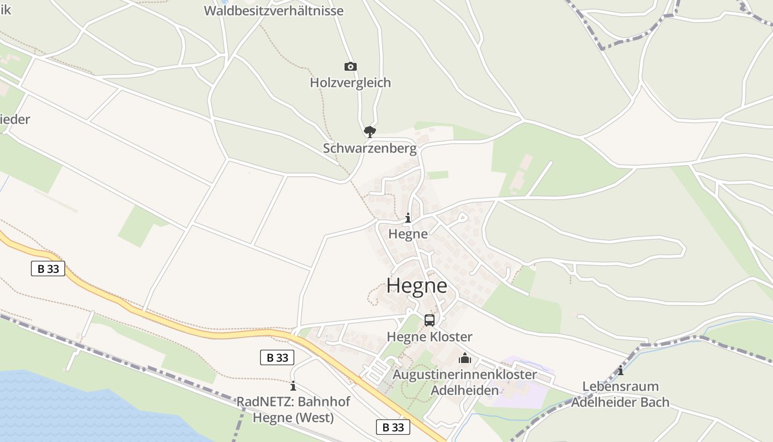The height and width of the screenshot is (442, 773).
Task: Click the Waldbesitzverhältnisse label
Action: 274,10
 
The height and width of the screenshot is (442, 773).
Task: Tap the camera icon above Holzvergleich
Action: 350,67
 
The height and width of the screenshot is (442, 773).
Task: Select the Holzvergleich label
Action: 350,83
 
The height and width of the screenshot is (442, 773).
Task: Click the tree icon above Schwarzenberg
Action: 369,131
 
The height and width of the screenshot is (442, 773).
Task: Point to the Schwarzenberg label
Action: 369,149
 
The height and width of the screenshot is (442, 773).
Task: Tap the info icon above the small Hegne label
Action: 408,218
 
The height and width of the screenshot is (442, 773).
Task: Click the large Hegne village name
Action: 417,286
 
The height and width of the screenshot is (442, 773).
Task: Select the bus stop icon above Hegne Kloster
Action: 430,320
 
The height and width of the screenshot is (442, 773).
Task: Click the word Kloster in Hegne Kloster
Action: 451,337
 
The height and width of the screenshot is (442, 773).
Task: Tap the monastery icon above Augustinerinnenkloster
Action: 464,359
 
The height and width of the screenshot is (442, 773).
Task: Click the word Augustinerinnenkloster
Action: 464,375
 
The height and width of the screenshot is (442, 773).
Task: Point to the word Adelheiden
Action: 464,391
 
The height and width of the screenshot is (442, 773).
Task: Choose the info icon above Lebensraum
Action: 620,370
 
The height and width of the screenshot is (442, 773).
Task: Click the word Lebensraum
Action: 620,386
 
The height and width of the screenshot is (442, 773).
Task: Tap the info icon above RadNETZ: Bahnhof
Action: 293,386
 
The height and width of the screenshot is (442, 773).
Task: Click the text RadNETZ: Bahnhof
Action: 293,402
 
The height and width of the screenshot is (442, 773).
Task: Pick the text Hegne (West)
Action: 293,418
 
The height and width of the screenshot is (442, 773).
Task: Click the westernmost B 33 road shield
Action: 48,269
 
